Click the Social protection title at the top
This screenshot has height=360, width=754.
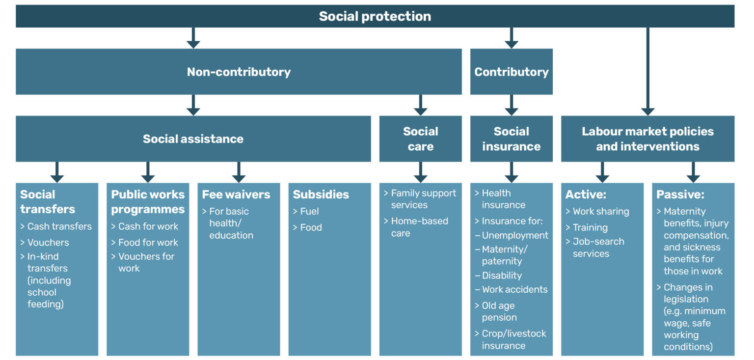[x=375, y=16]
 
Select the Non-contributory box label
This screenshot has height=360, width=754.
[x=239, y=72]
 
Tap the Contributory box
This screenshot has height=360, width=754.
[x=511, y=72]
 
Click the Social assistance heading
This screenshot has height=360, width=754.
[x=193, y=139]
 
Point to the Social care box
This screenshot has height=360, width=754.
[x=420, y=139]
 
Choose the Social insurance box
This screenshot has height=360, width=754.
[x=511, y=139]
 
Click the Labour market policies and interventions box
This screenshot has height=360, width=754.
[x=647, y=139]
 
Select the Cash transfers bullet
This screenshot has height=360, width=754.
[x=59, y=226]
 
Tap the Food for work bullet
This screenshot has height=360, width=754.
[x=148, y=243]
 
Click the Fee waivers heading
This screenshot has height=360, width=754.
[x=236, y=194]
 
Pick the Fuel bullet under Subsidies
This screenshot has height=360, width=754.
[x=309, y=212]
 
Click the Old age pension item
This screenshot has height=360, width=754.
[x=499, y=311]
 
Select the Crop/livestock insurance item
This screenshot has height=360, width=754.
[x=513, y=339]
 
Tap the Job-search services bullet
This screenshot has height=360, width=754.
[x=598, y=248]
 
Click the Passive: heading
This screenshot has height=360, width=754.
[x=680, y=194]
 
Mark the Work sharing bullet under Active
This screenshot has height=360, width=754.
[x=600, y=212]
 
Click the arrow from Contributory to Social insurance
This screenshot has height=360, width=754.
[x=511, y=105]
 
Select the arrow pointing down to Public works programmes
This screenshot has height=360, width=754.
[x=148, y=172]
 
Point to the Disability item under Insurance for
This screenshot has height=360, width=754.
[x=501, y=276]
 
